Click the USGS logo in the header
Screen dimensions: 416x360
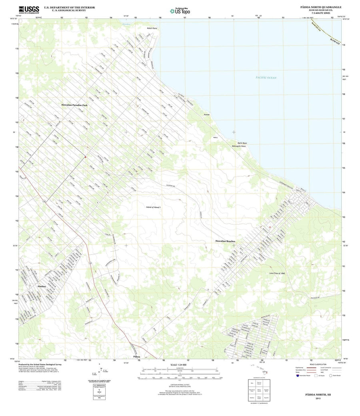tap(29, 10)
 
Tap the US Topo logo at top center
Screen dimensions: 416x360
tap(180, 11)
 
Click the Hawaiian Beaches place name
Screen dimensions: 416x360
tap(225, 242)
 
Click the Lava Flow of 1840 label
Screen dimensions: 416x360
tap(277, 273)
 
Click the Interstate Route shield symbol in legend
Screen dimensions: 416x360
tap(298, 376)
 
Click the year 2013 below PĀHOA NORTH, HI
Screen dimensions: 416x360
tap(318, 398)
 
